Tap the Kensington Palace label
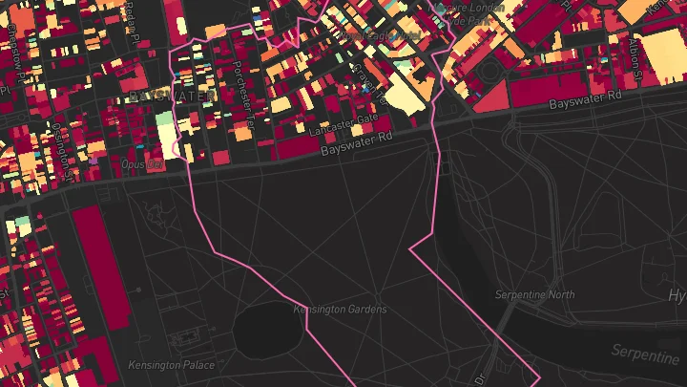point(172,364)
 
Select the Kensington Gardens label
point(340,310)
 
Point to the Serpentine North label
point(534,295)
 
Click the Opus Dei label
point(142,163)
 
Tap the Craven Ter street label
point(367,81)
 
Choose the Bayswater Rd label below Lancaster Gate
point(356,145)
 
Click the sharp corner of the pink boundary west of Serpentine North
point(410,248)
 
